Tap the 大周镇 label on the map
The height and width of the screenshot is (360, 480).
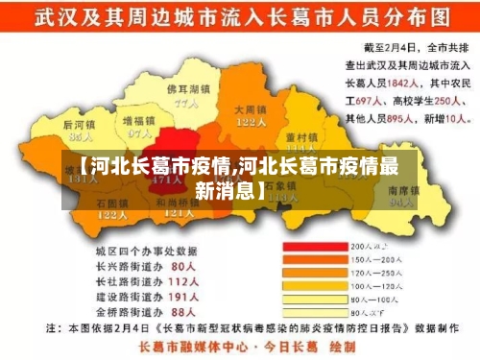pyautogui.click(x=252, y=109)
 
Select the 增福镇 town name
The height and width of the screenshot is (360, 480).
pyautogui.click(x=139, y=122)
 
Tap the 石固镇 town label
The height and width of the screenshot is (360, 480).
pyautogui.click(x=112, y=203)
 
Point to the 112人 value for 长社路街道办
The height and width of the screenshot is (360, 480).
pyautogui.click(x=182, y=281)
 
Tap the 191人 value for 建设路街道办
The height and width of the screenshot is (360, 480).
pyautogui.click(x=182, y=297)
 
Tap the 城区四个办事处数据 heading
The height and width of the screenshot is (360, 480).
pyautogui.click(x=140, y=250)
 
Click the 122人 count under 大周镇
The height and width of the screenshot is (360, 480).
pyautogui.click(x=252, y=122)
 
